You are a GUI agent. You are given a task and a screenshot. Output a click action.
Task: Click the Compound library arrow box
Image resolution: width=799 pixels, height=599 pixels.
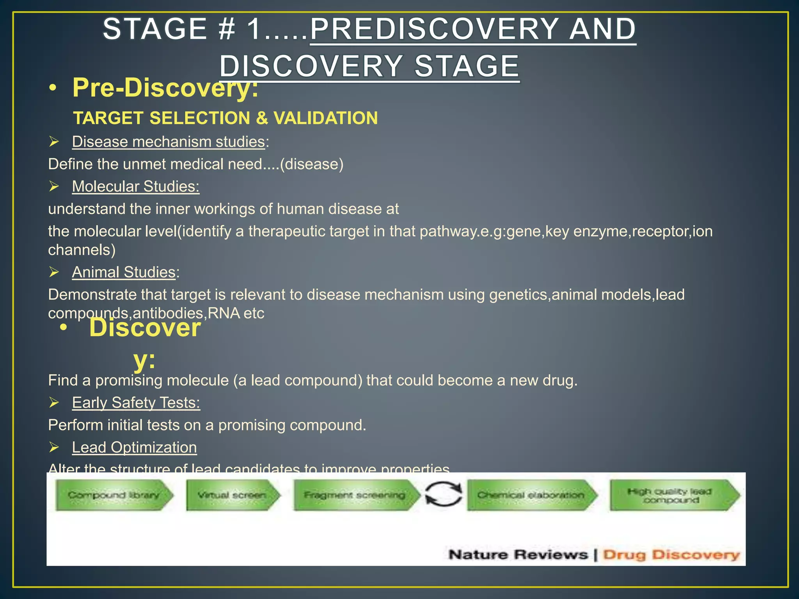pyautogui.click(x=114, y=495)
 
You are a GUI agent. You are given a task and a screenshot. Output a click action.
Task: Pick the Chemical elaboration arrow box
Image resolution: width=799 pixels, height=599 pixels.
pyautogui.click(x=532, y=495)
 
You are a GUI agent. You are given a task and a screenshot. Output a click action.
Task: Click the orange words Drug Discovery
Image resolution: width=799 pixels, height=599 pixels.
pyautogui.click(x=671, y=555)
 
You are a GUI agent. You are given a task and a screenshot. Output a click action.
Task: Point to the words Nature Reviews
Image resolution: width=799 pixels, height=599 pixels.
pyautogui.click(x=518, y=555)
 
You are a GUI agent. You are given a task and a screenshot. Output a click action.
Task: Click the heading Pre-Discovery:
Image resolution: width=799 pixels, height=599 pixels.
pyautogui.click(x=165, y=88)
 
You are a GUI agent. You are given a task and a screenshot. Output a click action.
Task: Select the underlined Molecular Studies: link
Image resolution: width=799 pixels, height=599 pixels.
pyautogui.click(x=136, y=186)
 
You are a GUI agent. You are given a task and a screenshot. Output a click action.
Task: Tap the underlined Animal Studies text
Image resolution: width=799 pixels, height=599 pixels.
pyautogui.click(x=124, y=272)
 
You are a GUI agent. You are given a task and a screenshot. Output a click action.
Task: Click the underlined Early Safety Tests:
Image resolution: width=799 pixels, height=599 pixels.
pyautogui.click(x=136, y=402)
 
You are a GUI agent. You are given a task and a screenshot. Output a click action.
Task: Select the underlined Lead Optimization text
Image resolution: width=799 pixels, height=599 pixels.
pyautogui.click(x=134, y=447)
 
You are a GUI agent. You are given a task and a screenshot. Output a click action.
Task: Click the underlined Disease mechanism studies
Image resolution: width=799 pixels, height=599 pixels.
pyautogui.click(x=169, y=142)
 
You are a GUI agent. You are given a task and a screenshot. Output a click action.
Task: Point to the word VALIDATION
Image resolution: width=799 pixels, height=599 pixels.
pyautogui.click(x=325, y=118)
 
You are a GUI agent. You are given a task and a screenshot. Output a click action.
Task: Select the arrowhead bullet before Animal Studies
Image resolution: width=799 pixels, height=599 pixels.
pyautogui.click(x=54, y=272)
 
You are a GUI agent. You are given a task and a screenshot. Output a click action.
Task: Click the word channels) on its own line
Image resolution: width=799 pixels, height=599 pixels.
pyautogui.click(x=82, y=250)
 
